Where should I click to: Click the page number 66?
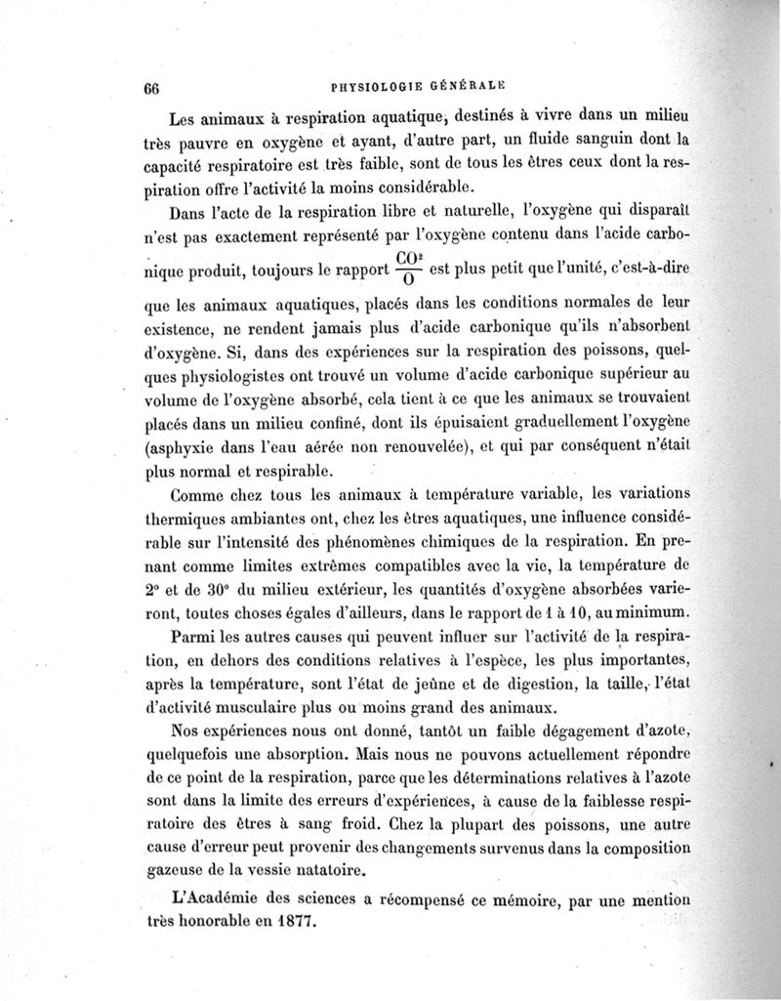click(x=151, y=85)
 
